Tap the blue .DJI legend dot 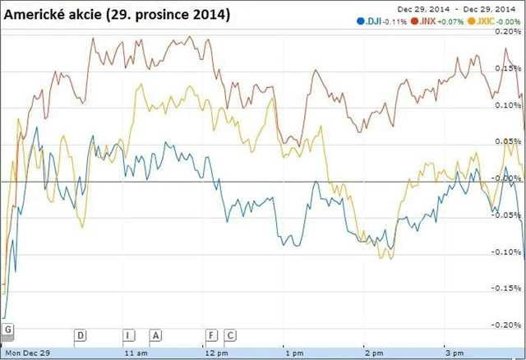tap(359, 21)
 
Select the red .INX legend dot tap(414, 21)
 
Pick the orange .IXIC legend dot tap(471, 21)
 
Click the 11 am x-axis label tap(136, 353)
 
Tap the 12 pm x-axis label tap(215, 353)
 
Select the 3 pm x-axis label tap(450, 353)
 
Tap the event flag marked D tap(81, 335)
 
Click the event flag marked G tap(7, 330)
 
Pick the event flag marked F tap(211, 335)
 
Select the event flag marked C tap(230, 335)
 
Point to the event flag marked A tap(156, 335)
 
